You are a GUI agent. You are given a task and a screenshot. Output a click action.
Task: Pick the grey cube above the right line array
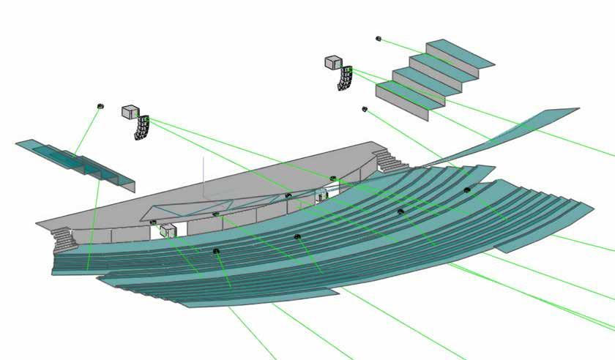coord(332,62)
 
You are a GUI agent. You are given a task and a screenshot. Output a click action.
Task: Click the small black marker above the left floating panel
coord(100,107)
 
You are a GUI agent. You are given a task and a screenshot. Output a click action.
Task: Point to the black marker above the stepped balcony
coord(379,38)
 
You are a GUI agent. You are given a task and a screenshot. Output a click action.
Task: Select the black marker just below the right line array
coord(364,109)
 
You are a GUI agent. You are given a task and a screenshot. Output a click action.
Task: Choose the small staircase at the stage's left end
coord(64,237)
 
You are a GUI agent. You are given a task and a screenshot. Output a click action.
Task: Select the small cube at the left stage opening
coord(168,230)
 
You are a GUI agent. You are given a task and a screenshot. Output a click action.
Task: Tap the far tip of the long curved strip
coord(567,111)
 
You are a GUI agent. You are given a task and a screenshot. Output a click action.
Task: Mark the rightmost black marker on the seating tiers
coord(467,190)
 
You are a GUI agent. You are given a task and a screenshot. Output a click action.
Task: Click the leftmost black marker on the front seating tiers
coord(217,251)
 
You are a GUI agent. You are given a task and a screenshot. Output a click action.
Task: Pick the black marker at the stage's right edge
coord(333,179)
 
